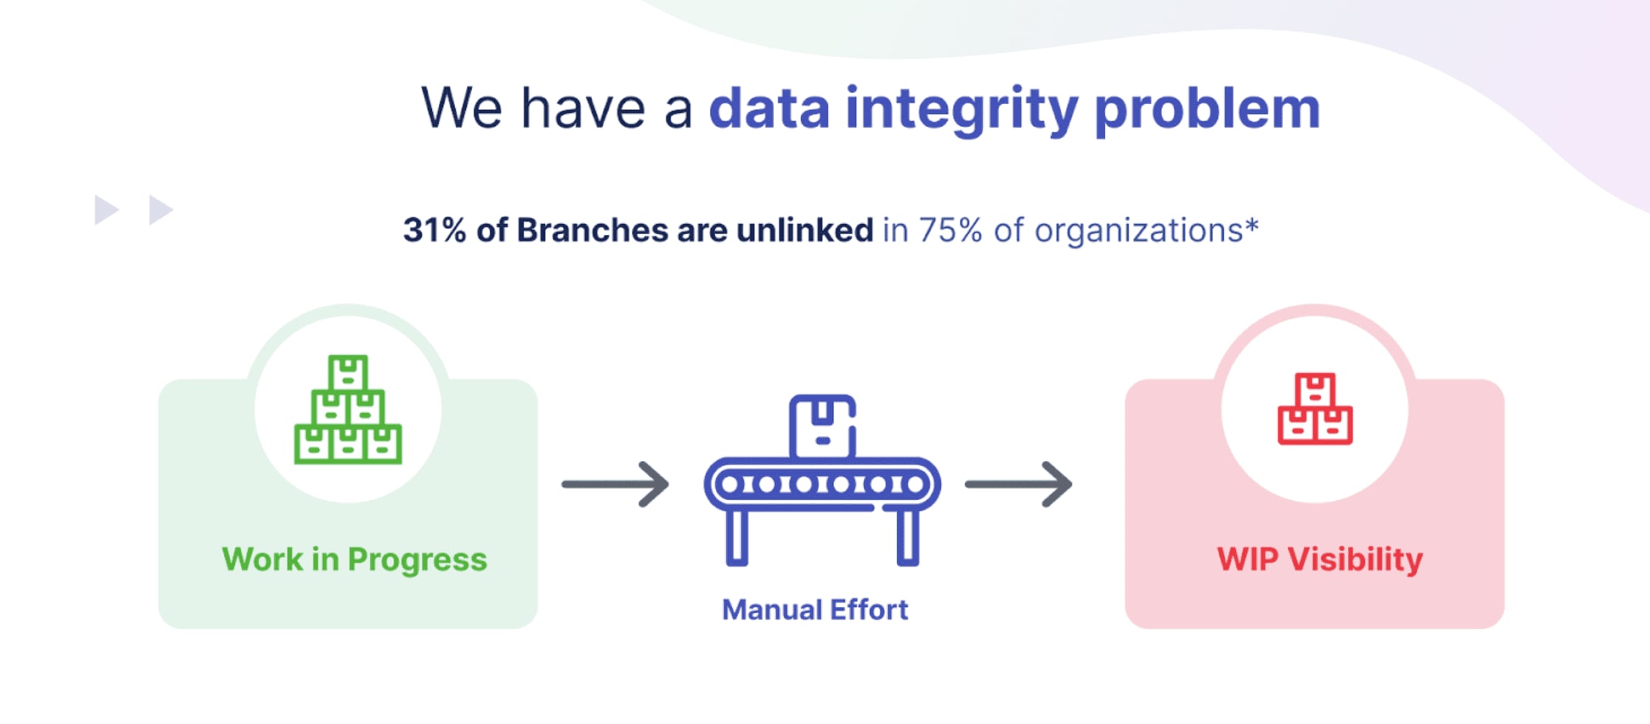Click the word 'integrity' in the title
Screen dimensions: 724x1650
click(961, 110)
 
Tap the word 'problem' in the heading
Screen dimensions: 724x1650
click(1206, 110)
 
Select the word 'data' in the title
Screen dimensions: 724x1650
click(769, 109)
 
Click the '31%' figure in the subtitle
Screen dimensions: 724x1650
click(434, 230)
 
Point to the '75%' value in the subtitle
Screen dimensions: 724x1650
click(950, 230)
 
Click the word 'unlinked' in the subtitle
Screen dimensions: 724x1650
click(804, 230)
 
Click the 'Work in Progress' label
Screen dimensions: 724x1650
click(355, 559)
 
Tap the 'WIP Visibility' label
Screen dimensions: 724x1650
click(1319, 559)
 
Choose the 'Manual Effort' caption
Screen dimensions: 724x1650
click(815, 610)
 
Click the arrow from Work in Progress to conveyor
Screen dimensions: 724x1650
click(615, 485)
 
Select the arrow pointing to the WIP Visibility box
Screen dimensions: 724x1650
click(1019, 485)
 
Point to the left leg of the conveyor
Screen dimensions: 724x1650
click(737, 538)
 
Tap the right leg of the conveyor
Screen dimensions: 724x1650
click(908, 538)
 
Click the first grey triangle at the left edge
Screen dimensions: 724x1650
click(106, 210)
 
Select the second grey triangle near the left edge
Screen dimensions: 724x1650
click(160, 210)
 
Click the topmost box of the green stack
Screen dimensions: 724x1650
click(348, 373)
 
